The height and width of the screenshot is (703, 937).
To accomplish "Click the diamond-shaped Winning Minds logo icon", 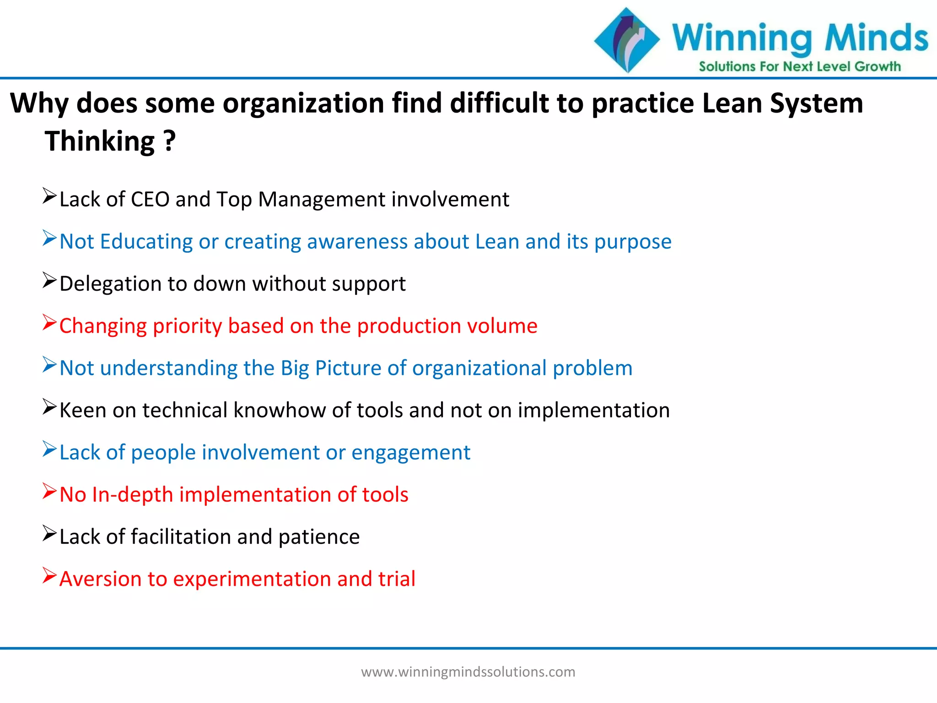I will point(627,40).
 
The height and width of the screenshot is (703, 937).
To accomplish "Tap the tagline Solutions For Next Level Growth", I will point(799,67).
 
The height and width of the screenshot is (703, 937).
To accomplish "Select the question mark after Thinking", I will point(169,141).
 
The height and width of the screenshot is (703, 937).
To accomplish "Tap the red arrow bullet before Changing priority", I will point(49,322).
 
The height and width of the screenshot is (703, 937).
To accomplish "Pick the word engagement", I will point(410,453).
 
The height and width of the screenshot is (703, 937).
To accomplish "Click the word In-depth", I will point(132,495).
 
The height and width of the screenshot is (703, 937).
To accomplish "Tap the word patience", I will point(319,537).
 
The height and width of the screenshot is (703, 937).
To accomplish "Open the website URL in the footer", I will point(468,672).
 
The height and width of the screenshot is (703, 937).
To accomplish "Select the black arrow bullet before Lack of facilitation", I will point(49,533).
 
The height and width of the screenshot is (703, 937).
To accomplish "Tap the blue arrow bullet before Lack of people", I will point(49,449).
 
